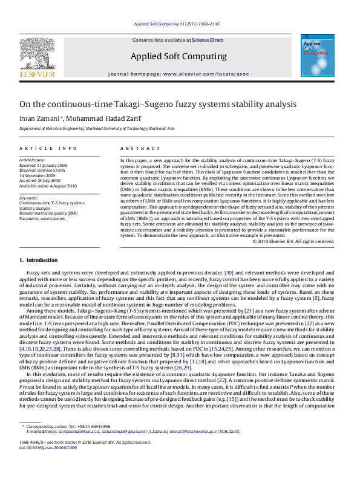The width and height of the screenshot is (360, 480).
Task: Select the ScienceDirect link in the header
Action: [208, 41]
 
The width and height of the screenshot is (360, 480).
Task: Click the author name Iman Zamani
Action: [39, 118]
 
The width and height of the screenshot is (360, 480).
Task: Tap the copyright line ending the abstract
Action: [293, 241]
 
